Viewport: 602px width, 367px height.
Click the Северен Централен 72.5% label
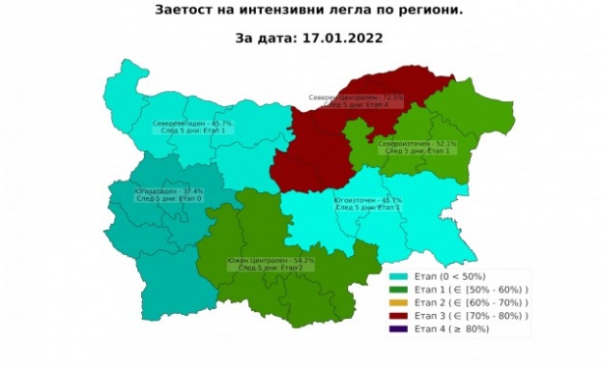(x=356, y=98)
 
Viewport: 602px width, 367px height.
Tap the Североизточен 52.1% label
(x=417, y=144)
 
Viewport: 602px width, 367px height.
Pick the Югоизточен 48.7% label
(x=367, y=201)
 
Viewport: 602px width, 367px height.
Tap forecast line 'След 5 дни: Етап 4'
(x=356, y=105)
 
